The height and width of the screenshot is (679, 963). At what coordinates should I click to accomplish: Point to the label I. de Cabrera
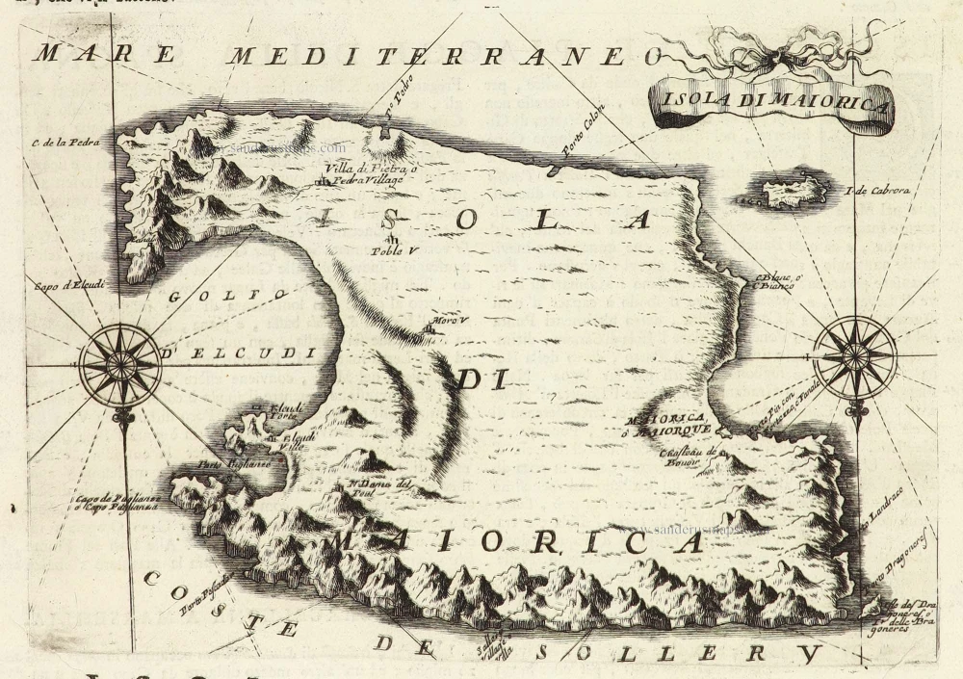pyautogui.click(x=878, y=190)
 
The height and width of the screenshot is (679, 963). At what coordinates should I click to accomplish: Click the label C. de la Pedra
pyautogui.click(x=59, y=144)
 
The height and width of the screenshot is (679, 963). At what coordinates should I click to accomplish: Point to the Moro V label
pyautogui.click(x=441, y=323)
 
